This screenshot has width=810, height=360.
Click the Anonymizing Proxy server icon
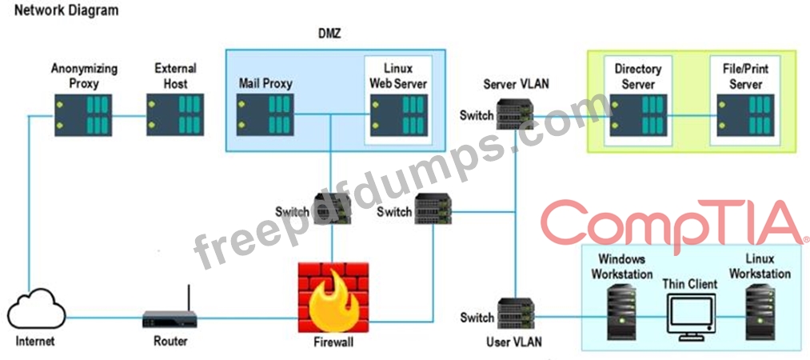85,114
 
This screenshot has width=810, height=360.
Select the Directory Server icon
636,114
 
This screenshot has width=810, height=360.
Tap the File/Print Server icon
744,114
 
